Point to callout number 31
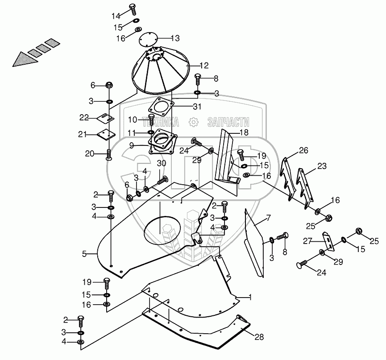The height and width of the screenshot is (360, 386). [197, 107]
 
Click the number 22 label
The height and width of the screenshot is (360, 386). [85, 117]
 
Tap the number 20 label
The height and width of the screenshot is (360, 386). [90, 153]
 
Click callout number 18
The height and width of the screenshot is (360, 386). [244, 133]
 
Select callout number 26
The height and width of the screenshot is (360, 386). [303, 150]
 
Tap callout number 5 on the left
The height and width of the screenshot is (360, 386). [84, 254]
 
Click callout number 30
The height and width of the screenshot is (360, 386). [161, 163]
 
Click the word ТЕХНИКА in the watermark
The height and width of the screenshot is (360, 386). [160, 122]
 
